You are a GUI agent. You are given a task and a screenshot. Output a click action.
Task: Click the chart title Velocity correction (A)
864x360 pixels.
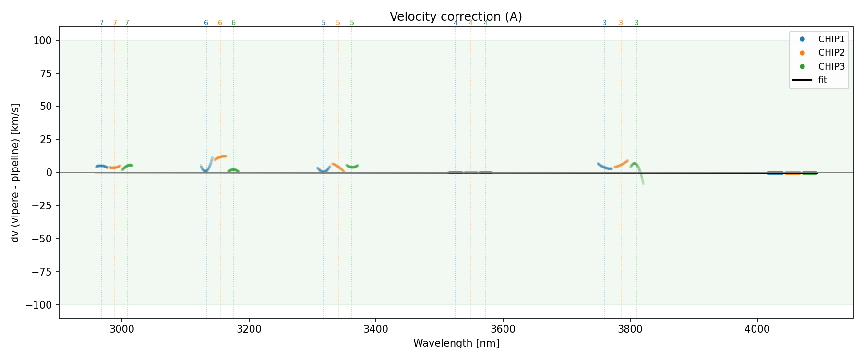[456, 17]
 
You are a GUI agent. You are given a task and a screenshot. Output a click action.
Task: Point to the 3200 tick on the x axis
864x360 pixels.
[249, 329]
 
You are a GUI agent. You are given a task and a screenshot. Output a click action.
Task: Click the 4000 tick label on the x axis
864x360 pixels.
[757, 329]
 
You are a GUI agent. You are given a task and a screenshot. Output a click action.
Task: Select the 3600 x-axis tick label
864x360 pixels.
[503, 329]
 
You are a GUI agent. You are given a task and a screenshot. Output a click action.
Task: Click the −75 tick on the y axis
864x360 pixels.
[43, 272]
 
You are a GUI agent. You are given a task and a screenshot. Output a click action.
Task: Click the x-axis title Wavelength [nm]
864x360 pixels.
[456, 343]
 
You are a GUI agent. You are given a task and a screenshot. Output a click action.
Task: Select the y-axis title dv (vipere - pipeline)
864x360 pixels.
[15, 172]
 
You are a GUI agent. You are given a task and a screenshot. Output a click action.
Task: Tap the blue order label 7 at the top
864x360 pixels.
[101, 23]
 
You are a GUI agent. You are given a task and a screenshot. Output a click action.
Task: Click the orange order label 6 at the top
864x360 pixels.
[220, 23]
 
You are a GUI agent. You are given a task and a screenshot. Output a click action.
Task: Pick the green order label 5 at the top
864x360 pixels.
[352, 23]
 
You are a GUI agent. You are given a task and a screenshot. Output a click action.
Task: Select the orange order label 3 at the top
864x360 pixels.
[621, 23]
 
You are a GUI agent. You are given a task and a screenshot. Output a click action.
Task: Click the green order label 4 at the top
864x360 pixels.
[486, 23]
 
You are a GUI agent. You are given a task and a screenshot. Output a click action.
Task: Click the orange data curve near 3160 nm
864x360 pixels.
[221, 157]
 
